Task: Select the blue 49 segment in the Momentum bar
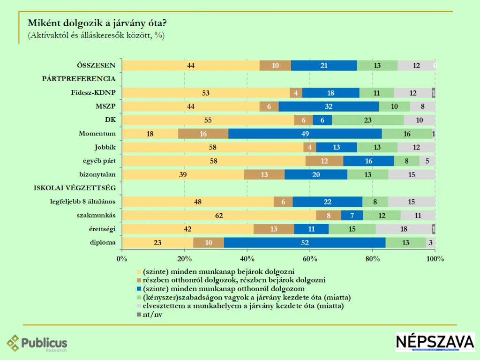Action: tap(305, 134)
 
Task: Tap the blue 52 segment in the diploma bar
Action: tap(305, 243)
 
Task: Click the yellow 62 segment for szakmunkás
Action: tap(219, 216)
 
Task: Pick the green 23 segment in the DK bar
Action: tap(367, 120)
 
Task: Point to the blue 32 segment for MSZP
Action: tap(329, 106)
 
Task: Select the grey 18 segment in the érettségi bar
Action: tap(404, 229)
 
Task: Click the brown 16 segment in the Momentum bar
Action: tap(203, 134)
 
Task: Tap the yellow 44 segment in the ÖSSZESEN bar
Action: tap(191, 66)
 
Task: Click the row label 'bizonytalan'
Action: tap(97, 174)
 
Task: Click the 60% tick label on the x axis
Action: tap(310, 259)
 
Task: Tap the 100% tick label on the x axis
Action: tap(435, 259)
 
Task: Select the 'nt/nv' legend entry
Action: tap(151, 315)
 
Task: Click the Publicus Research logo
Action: tap(37, 344)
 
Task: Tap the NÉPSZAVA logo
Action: tap(435, 342)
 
